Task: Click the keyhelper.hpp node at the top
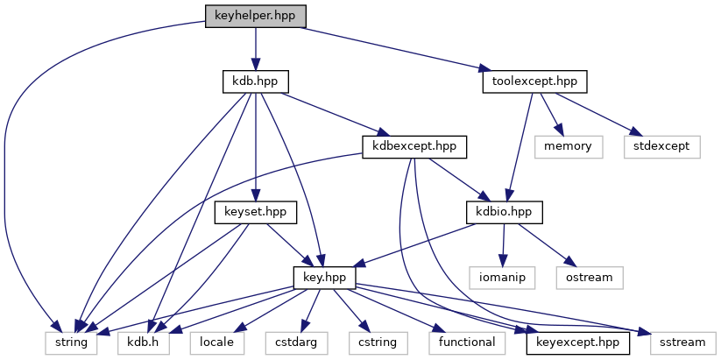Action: coord(255,16)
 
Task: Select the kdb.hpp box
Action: coord(255,81)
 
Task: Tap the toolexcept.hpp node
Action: coord(534,81)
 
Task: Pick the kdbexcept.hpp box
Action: coord(414,146)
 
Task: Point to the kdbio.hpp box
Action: coord(504,212)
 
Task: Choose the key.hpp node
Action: coord(322,277)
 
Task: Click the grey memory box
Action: coord(568,146)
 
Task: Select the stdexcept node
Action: coord(662,146)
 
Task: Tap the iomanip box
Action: coord(504,277)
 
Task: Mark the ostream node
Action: coord(589,277)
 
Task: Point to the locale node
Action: coord(216,342)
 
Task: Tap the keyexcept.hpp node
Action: coord(578,342)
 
